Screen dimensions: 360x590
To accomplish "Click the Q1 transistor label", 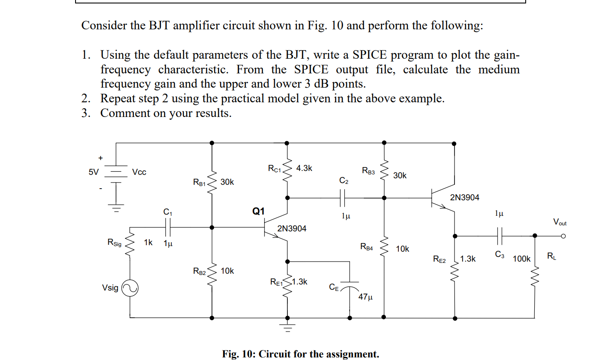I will [x=259, y=211].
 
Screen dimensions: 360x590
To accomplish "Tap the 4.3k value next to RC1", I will [x=304, y=168].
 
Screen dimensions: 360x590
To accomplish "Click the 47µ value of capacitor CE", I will [x=365, y=297].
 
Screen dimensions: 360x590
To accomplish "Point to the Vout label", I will [x=559, y=223].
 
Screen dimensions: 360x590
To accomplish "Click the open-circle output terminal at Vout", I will [x=563, y=236].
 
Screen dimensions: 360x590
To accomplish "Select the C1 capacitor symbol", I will [x=168, y=227].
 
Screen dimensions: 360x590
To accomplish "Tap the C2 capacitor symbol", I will [x=343, y=198].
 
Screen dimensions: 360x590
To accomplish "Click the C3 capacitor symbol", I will [x=499, y=236].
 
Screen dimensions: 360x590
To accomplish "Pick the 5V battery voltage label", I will [x=94, y=172].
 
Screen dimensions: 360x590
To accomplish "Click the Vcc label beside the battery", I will [x=139, y=172].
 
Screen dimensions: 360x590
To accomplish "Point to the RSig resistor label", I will [x=114, y=243].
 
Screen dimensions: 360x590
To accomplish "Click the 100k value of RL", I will [x=521, y=259].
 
